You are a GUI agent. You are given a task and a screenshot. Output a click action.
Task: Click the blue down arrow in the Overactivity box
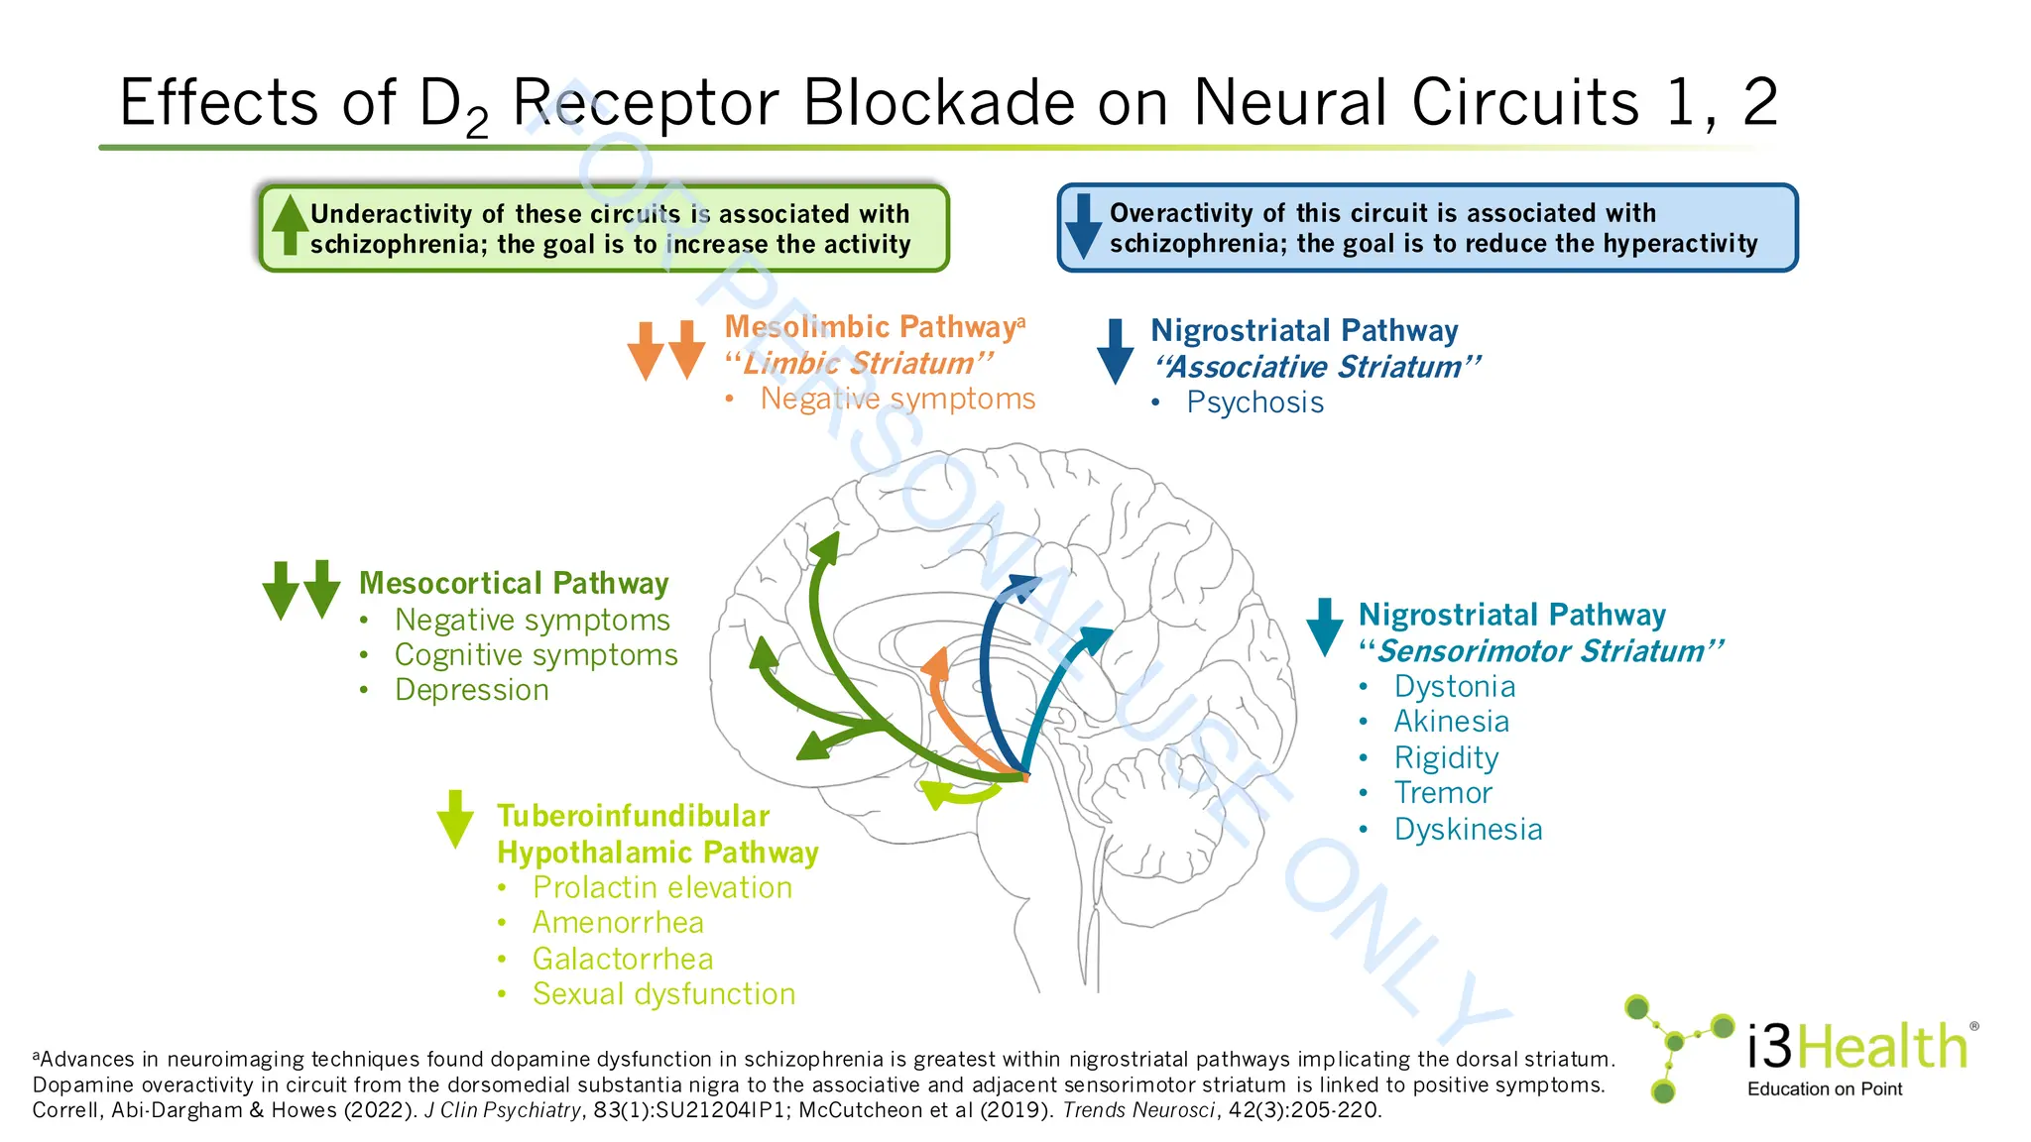pyautogui.click(x=1083, y=226)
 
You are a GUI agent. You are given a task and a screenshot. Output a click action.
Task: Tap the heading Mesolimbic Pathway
pyautogui.click(x=870, y=327)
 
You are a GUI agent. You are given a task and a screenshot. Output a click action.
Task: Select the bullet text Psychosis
pyautogui.click(x=1254, y=402)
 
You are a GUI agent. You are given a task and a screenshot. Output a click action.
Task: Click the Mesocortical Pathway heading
pyautogui.click(x=514, y=583)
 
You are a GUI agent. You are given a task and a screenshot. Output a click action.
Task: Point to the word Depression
pyautogui.click(x=471, y=690)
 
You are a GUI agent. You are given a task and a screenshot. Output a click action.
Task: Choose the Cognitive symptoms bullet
pyautogui.click(x=536, y=655)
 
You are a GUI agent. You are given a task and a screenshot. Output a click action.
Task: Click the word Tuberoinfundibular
pyautogui.click(x=633, y=816)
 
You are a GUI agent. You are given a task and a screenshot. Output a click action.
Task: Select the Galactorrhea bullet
pyautogui.click(x=623, y=959)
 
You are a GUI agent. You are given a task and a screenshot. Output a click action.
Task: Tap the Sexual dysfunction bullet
pyautogui.click(x=663, y=994)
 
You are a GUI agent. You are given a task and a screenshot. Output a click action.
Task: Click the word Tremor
pyautogui.click(x=1442, y=793)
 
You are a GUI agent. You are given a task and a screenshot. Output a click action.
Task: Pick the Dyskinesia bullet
pyautogui.click(x=1468, y=830)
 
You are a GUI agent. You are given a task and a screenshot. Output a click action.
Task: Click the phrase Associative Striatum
pyautogui.click(x=1315, y=367)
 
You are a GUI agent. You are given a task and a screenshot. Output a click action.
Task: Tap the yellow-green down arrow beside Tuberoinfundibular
pyautogui.click(x=455, y=819)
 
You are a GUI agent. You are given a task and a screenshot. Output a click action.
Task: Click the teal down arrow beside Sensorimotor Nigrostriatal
pyautogui.click(x=1325, y=627)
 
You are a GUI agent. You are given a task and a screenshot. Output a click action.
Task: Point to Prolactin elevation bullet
pyautogui.click(x=661, y=887)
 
